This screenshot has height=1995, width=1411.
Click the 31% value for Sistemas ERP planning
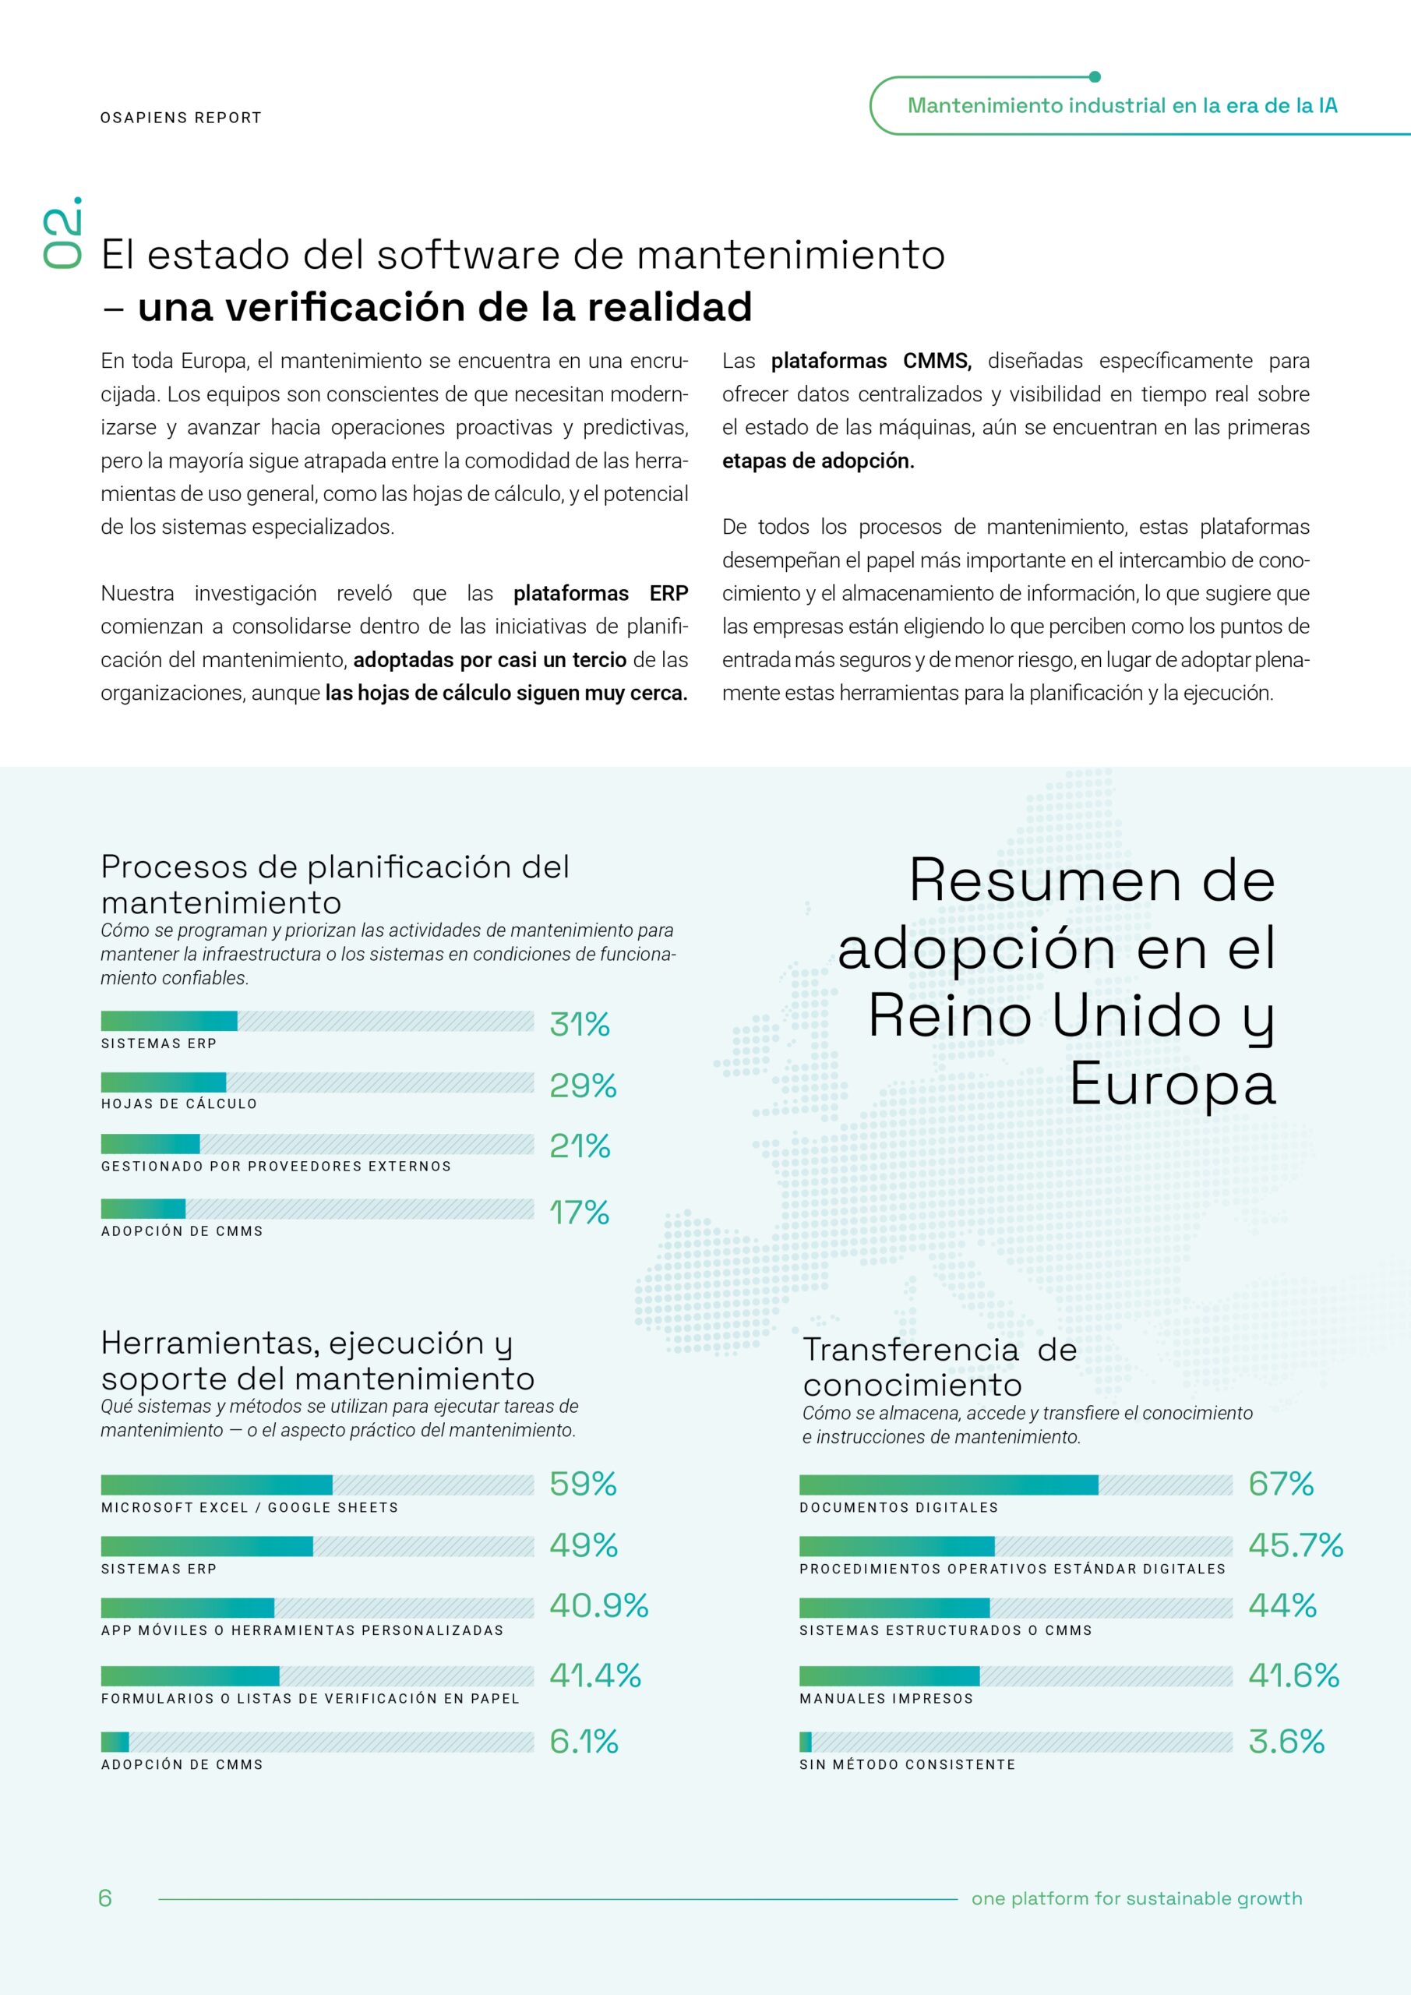(580, 1025)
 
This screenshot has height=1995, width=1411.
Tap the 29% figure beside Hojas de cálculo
(582, 1086)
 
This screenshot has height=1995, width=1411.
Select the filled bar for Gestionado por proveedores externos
(150, 1143)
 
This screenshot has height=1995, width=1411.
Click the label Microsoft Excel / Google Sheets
(249, 1507)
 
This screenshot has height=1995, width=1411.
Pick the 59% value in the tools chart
(582, 1484)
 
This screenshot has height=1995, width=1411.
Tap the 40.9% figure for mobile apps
(598, 1605)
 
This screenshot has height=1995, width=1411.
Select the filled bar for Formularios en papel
(190, 1676)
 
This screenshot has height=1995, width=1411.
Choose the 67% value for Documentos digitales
(1281, 1484)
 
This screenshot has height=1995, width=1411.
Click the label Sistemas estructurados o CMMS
(945, 1630)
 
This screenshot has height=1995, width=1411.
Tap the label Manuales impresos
(886, 1699)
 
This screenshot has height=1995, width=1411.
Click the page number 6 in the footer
(105, 1898)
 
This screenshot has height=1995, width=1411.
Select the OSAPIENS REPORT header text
(181, 118)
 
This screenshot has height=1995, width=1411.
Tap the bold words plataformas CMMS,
(870, 361)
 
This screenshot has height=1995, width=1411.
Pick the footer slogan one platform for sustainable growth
(1137, 1898)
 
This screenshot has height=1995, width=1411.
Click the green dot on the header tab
(1095, 76)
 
